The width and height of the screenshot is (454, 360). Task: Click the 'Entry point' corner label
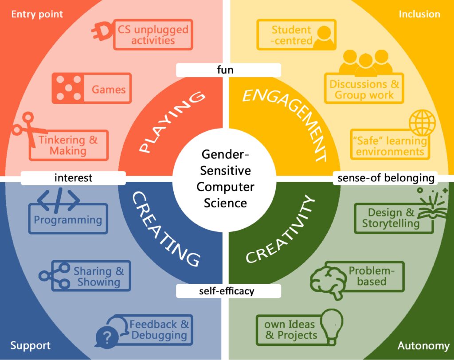click(x=37, y=14)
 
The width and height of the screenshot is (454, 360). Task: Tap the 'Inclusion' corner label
click(x=419, y=14)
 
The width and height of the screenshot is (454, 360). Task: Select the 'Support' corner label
click(x=31, y=345)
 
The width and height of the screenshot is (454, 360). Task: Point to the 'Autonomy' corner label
click(x=423, y=345)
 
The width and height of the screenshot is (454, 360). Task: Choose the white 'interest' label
click(x=73, y=177)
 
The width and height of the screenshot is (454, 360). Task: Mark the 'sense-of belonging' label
click(x=386, y=177)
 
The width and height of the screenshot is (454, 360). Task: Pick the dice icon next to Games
click(x=68, y=88)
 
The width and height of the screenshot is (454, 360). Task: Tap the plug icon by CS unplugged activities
click(x=102, y=31)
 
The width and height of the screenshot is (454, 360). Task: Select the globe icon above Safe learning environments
click(x=423, y=122)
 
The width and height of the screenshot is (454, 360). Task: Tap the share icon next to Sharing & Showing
click(x=55, y=276)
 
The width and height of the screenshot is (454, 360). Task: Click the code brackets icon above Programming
click(x=59, y=199)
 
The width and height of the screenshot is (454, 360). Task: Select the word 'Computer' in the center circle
click(x=225, y=187)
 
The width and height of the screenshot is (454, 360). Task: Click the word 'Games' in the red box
click(x=109, y=90)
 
